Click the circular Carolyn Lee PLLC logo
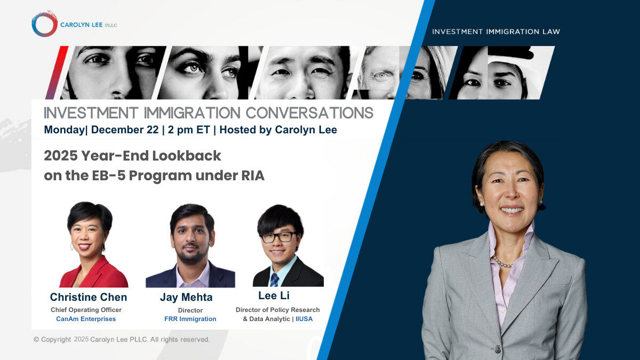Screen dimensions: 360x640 tap(44, 24)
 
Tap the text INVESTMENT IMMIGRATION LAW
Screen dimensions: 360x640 tap(496, 31)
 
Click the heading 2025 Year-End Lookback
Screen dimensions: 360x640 tap(132, 156)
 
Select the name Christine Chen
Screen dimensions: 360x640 tap(89, 297)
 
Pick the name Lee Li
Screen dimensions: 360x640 tap(274, 295)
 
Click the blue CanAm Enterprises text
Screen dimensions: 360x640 tap(86, 319)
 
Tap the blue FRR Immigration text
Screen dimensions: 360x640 tap(190, 319)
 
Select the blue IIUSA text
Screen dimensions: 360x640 tap(305, 319)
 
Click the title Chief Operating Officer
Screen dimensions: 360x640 tap(86, 310)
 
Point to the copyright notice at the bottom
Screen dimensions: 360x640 tap(122, 339)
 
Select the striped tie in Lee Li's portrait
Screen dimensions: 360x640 tap(274, 279)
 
